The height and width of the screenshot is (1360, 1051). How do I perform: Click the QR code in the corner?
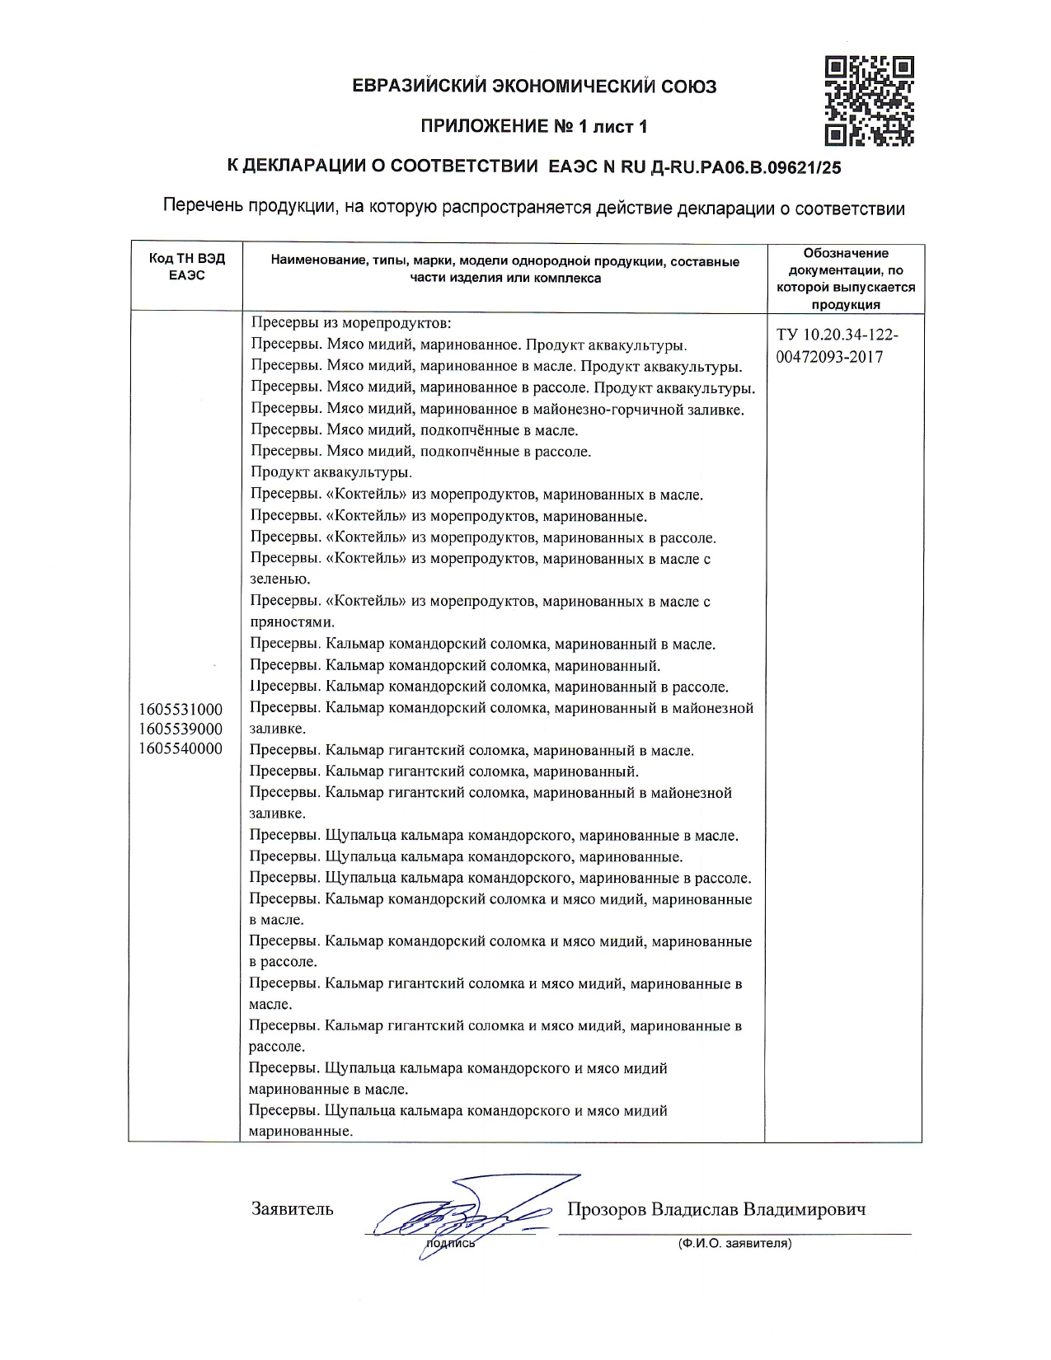click(x=870, y=101)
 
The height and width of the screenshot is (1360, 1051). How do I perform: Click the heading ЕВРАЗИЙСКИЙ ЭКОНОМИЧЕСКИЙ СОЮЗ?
click(x=534, y=86)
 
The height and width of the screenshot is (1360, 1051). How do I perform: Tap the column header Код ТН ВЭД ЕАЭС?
click(x=187, y=267)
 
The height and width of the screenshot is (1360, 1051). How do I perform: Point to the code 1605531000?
click(x=181, y=709)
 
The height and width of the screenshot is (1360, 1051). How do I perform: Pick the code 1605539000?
click(x=181, y=729)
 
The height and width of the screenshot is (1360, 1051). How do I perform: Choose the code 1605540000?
click(x=181, y=748)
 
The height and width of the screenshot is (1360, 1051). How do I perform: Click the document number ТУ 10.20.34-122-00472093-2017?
click(x=837, y=346)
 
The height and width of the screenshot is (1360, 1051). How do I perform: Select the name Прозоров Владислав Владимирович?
click(x=716, y=1209)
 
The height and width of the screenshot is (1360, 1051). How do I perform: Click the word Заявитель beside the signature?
click(x=292, y=1209)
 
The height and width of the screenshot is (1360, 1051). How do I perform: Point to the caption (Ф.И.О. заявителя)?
click(x=734, y=1243)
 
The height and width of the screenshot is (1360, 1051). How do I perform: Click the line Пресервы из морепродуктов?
click(x=351, y=323)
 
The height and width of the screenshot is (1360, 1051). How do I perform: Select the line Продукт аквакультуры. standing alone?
click(x=331, y=472)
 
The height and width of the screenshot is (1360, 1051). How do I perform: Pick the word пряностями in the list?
click(x=291, y=622)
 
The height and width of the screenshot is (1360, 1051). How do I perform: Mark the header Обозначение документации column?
click(x=845, y=279)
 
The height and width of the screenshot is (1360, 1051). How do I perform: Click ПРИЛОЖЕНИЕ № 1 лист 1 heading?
click(x=534, y=126)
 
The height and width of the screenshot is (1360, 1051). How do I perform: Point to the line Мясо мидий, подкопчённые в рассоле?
click(x=420, y=452)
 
